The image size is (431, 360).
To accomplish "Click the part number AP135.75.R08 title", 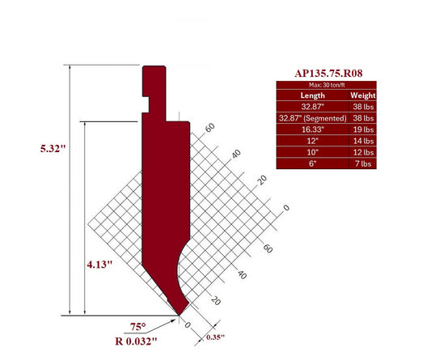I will pos(327,73).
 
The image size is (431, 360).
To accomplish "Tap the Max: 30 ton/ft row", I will pos(327,84).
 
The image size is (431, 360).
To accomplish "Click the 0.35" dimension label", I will pos(214,336).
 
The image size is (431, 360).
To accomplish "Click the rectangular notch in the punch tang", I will pos(149,102).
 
